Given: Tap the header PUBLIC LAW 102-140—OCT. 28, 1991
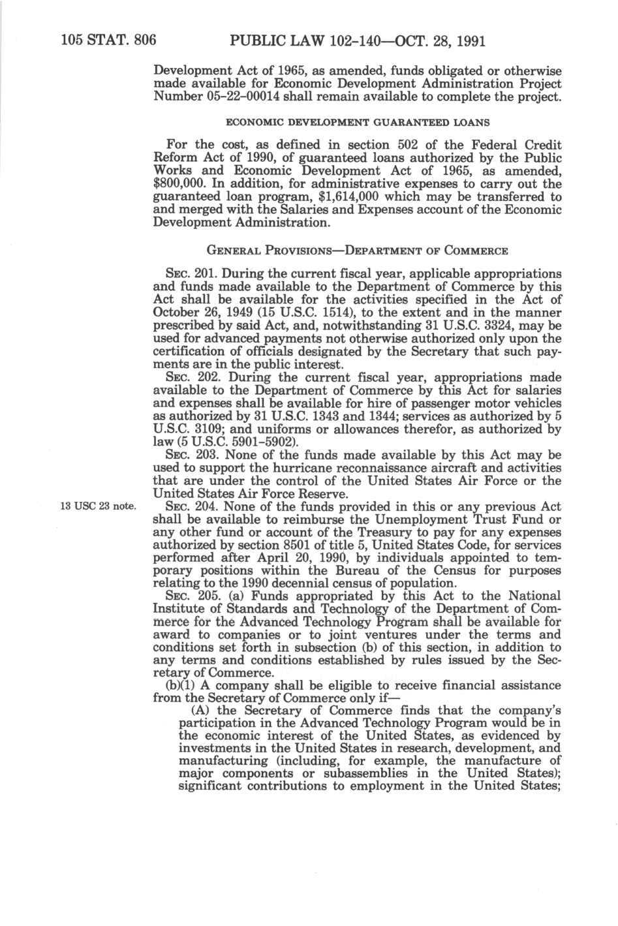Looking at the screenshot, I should tap(356, 24).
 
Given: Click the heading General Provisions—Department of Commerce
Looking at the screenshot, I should tap(357, 251).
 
